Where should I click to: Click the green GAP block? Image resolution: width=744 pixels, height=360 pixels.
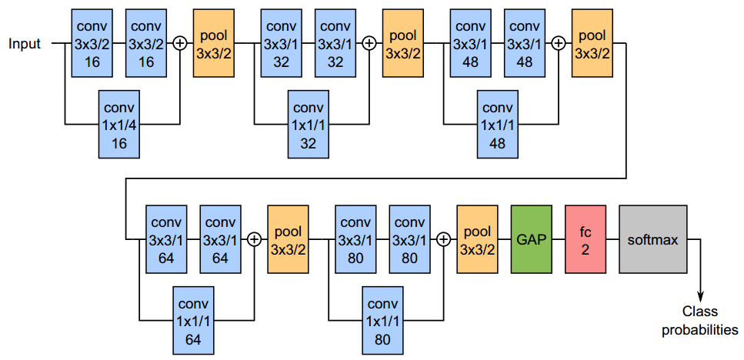pyautogui.click(x=532, y=239)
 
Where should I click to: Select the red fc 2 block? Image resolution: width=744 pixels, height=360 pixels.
pyautogui.click(x=586, y=239)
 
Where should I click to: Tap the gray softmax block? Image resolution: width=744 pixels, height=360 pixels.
pyautogui.click(x=652, y=239)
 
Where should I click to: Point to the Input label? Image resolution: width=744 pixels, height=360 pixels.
pyautogui.click(x=25, y=44)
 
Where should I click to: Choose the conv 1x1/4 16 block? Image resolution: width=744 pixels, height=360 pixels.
pyautogui.click(x=118, y=122)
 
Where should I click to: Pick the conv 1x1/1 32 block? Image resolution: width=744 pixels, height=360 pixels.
pyautogui.click(x=308, y=122)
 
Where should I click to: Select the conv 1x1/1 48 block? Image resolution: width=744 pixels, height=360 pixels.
pyautogui.click(x=497, y=122)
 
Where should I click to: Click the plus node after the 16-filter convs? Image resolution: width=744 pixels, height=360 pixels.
pyautogui.click(x=180, y=44)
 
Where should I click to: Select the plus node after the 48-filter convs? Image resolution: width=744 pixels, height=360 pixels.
pyautogui.click(x=559, y=44)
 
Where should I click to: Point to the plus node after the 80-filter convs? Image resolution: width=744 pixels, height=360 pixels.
pyautogui.click(x=443, y=239)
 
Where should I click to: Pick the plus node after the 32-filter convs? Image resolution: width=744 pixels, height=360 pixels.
pyautogui.click(x=369, y=44)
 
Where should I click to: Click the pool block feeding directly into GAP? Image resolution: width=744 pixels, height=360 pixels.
pyautogui.click(x=477, y=239)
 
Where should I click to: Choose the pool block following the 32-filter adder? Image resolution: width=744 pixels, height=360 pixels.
pyautogui.click(x=403, y=44)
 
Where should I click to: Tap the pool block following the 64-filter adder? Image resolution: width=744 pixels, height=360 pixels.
pyautogui.click(x=288, y=239)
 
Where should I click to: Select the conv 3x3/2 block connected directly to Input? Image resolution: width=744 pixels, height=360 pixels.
pyautogui.click(x=92, y=44)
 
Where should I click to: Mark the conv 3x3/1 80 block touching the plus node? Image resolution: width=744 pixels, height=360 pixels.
pyautogui.click(x=409, y=239)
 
